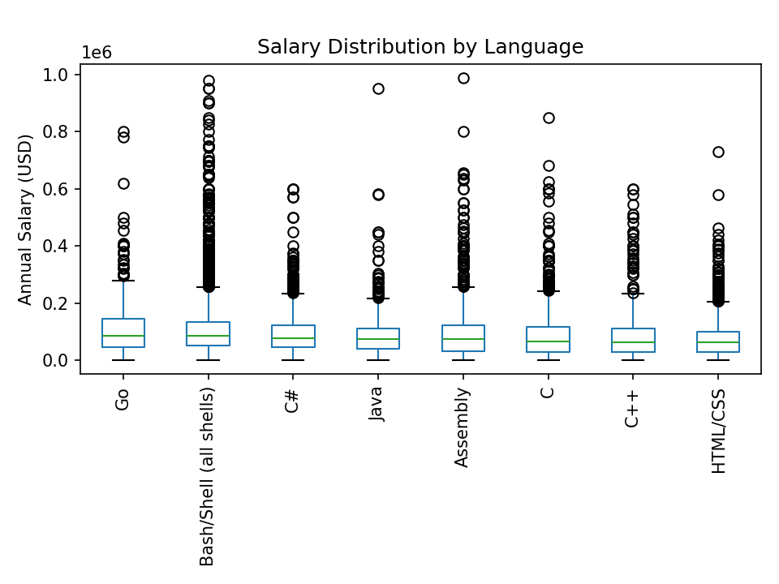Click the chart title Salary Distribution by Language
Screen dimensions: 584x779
pyautogui.click(x=420, y=47)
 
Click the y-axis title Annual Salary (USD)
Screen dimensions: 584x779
pyautogui.click(x=25, y=219)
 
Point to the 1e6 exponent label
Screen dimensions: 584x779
pyautogui.click(x=97, y=53)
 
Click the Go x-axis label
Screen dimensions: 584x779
pyautogui.click(x=123, y=398)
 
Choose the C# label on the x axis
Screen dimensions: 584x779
pyautogui.click(x=293, y=400)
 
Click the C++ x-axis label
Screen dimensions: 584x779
pyautogui.click(x=633, y=407)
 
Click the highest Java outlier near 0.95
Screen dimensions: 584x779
pyautogui.click(x=378, y=88)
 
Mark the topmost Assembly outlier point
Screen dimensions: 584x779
pyautogui.click(x=463, y=78)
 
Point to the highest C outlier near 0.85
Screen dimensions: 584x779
pyautogui.click(x=549, y=118)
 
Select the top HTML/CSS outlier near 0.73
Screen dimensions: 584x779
pyautogui.click(x=718, y=152)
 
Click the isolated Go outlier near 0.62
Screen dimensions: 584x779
pyautogui.click(x=123, y=183)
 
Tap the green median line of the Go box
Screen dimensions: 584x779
pyautogui.click(x=123, y=336)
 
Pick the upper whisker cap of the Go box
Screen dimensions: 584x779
pyautogui.click(x=123, y=281)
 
